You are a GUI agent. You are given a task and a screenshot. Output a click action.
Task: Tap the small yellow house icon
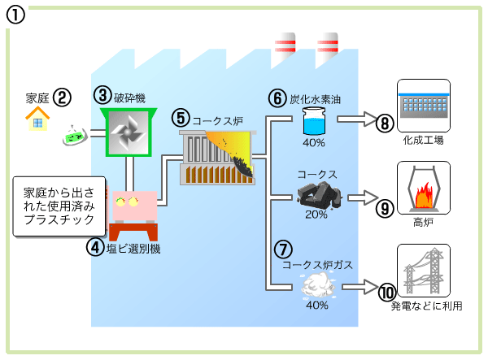(x=36, y=119)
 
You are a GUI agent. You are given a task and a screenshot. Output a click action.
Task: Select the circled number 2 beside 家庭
(x=63, y=98)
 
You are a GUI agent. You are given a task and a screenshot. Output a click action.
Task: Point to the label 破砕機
(x=131, y=95)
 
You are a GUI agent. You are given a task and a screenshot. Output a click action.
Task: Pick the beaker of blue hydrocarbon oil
(x=313, y=123)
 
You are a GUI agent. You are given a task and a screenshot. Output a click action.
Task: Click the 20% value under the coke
(x=316, y=215)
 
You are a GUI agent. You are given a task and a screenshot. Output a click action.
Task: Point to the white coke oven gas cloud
(x=316, y=285)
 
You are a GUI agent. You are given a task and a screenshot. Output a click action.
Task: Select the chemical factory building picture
(x=423, y=105)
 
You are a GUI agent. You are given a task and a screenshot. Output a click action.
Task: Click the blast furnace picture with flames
(x=423, y=188)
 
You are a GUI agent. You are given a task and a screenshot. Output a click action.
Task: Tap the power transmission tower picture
(x=423, y=270)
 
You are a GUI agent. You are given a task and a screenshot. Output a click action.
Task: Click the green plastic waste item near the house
(x=74, y=136)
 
